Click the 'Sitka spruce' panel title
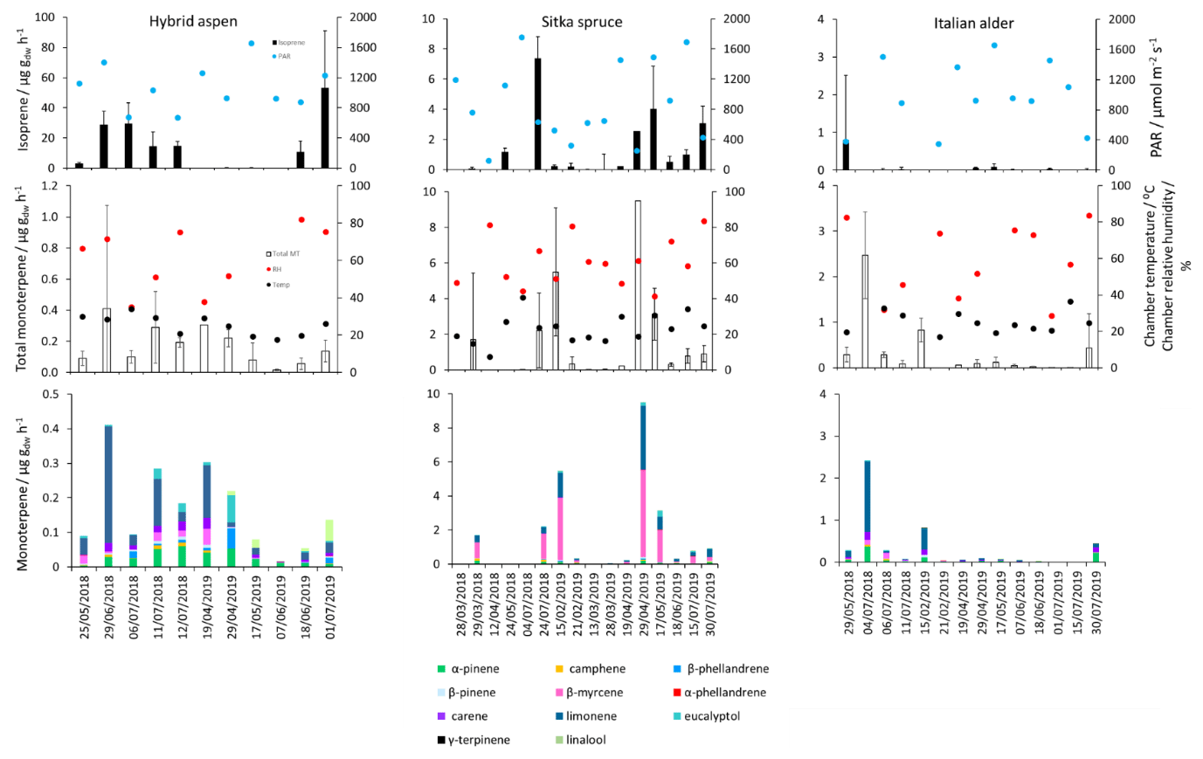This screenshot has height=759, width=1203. pos(582,22)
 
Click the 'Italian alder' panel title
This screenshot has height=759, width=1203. pos(973,24)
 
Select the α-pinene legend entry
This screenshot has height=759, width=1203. pos(474,669)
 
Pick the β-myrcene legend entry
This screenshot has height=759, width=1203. pos(594,693)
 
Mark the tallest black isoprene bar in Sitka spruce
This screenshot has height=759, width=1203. pos(538,114)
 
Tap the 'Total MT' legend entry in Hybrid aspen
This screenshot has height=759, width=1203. pos(286,253)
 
